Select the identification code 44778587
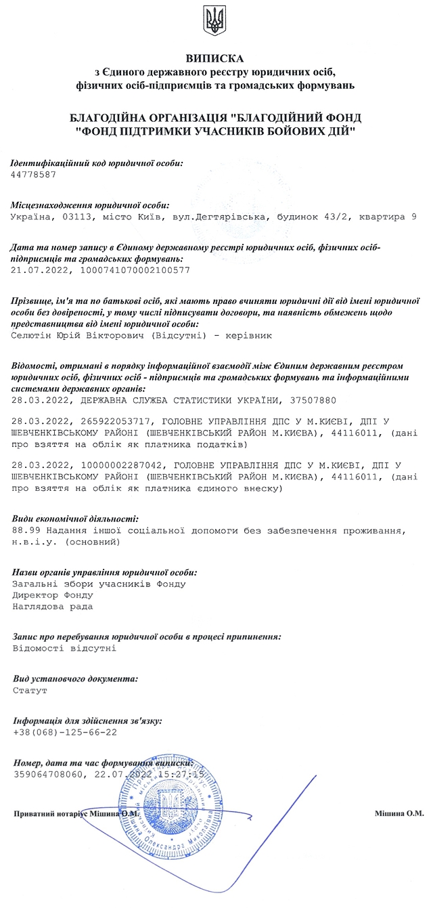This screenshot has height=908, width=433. point(34,175)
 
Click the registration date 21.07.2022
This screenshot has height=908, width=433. point(39,269)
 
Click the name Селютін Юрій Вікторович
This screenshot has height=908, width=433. point(75,334)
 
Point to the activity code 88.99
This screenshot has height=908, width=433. point(26,530)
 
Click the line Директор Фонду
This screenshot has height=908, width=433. point(53,595)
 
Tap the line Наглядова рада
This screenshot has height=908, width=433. point(53,606)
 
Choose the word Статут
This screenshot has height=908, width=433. point(30,691)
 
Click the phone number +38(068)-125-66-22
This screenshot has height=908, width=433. point(65,733)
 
